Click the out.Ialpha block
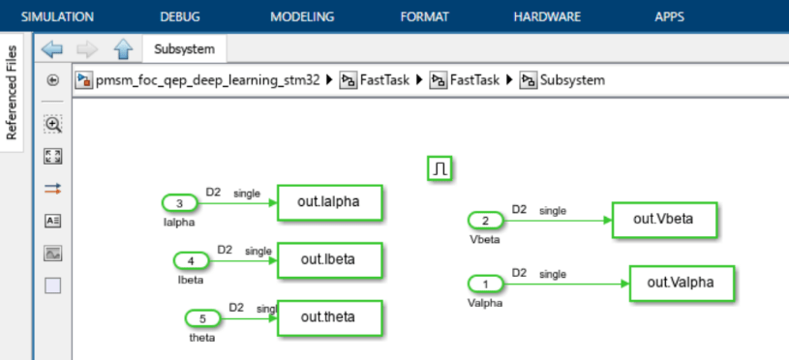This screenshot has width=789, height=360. [x=329, y=203]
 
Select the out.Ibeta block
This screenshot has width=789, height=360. [x=329, y=259]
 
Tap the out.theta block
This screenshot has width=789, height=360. [x=329, y=317]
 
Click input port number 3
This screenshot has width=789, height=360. [x=179, y=203]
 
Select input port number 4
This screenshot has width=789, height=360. [x=191, y=260]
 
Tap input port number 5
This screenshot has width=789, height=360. [x=202, y=317]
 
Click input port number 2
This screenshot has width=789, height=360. [x=485, y=221]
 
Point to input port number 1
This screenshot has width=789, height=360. [x=485, y=284]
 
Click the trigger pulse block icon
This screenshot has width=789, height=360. [x=440, y=169]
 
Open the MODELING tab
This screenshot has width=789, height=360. [x=302, y=16]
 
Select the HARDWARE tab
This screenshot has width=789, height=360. [x=547, y=16]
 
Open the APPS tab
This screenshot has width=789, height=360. [x=669, y=16]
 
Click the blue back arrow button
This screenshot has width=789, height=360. [x=52, y=48]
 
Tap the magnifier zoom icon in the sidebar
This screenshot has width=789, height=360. [x=53, y=124]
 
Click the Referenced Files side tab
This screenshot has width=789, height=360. [x=13, y=93]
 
